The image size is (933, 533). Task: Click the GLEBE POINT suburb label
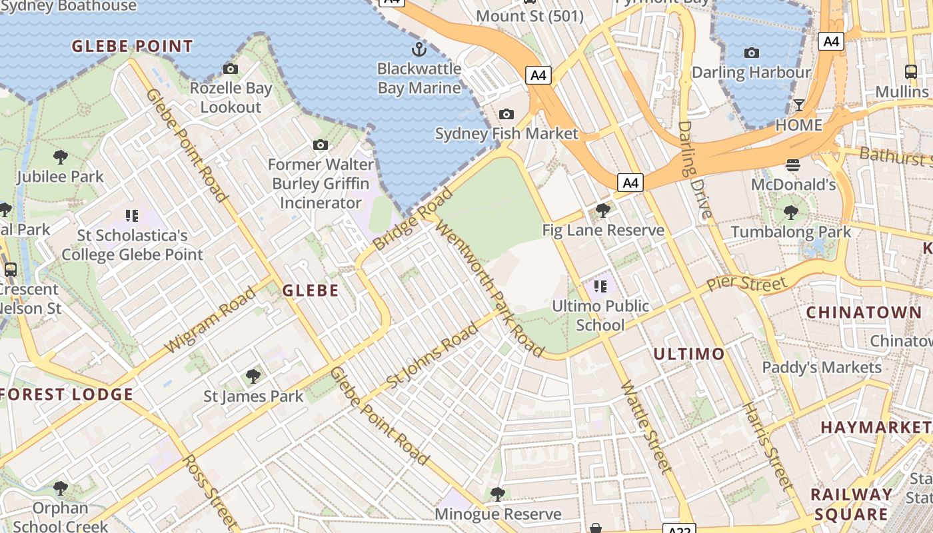tap(132, 47)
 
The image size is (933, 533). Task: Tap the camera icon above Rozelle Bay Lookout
tap(231, 69)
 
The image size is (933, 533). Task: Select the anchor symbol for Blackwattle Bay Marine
tap(419, 49)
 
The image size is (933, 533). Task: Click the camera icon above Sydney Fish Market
tap(506, 114)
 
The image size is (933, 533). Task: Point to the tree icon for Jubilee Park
tap(61, 157)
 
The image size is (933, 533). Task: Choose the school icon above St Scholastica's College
tap(131, 215)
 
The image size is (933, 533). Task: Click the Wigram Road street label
tap(210, 320)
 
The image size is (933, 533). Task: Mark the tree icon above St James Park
tap(253, 376)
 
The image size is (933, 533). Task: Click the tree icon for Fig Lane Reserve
tap(602, 211)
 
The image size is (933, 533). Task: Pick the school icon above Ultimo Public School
tap(600, 286)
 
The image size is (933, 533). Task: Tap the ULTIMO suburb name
tap(688, 354)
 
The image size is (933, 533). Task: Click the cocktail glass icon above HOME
tap(798, 105)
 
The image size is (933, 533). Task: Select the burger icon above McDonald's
tap(793, 165)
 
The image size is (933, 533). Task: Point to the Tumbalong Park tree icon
tap(791, 213)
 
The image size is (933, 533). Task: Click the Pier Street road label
tap(746, 283)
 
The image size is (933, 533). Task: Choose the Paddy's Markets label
tap(821, 367)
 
